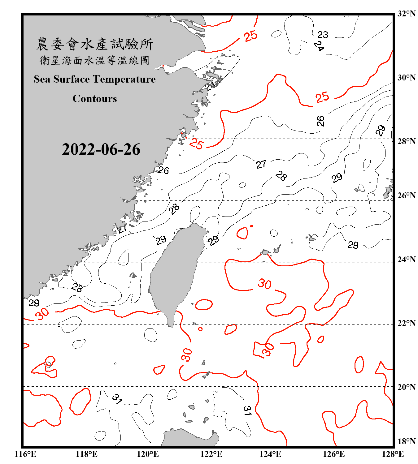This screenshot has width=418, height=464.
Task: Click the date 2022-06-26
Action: click(101, 149)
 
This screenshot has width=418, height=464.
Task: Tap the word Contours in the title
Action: click(95, 99)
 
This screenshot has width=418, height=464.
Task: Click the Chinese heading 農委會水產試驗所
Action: click(95, 44)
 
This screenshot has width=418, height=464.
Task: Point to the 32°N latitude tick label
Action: click(406, 14)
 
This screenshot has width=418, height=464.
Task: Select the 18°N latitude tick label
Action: click(406, 441)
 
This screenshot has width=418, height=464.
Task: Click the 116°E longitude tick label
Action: click(25, 454)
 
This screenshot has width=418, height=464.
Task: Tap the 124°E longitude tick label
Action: click(270, 454)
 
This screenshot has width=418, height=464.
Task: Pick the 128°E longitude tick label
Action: click(393, 454)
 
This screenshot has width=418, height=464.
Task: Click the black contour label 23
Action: click(323, 35)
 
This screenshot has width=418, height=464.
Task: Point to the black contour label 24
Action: click(319, 46)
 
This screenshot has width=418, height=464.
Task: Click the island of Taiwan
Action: click(175, 272)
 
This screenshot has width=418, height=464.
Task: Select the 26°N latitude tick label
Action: click(406, 195)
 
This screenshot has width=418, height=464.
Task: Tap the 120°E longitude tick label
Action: click(148, 454)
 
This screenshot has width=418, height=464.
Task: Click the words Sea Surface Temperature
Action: click(95, 79)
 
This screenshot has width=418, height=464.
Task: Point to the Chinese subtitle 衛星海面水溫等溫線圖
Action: click(95, 61)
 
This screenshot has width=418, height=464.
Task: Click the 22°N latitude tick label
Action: click(406, 323)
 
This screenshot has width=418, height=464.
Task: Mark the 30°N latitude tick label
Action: click(406, 77)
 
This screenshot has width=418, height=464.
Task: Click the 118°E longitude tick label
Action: click(86, 454)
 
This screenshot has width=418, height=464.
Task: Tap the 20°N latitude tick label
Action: click(406, 387)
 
